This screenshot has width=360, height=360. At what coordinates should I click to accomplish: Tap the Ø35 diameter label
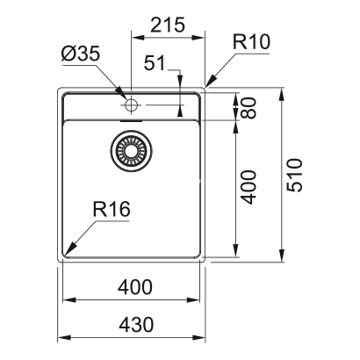coord(82,54)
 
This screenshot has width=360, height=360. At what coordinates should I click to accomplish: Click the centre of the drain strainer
coord(132,150)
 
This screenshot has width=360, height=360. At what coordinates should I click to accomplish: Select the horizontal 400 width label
coord(132,287)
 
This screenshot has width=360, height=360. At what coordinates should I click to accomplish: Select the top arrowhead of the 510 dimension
coord(281,91)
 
